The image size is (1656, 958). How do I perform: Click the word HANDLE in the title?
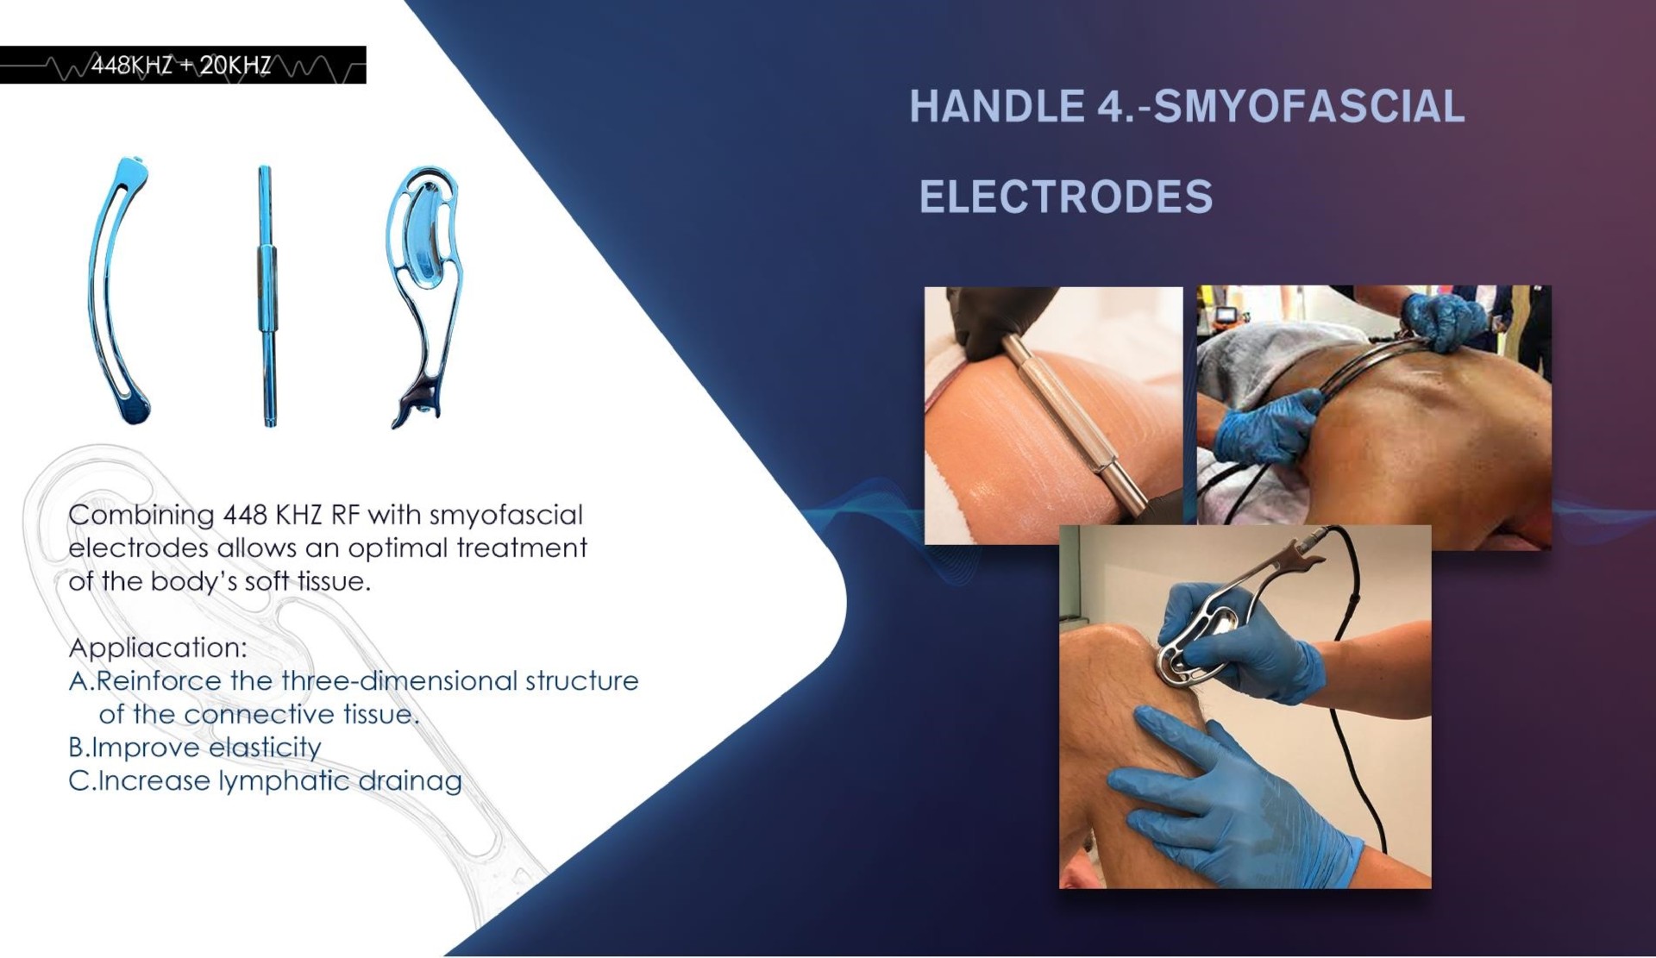[x=996, y=107]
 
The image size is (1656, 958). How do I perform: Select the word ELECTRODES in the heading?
[x=1066, y=197]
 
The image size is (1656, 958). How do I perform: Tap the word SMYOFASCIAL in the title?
[x=1308, y=107]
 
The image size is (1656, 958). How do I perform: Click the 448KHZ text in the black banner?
[x=131, y=66]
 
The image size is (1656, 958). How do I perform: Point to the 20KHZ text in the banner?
[x=235, y=66]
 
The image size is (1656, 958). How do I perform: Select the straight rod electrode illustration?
[x=267, y=296]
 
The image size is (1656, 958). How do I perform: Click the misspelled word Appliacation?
[x=157, y=648]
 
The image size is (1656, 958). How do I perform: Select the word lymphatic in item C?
[x=284, y=781]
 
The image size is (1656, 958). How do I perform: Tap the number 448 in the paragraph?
[x=243, y=515]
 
